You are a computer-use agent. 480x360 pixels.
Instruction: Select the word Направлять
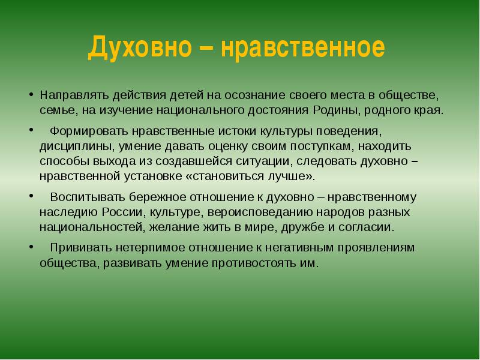point(74,95)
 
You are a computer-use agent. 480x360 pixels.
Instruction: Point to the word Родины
point(336,110)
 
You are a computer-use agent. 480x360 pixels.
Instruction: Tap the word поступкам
point(322,146)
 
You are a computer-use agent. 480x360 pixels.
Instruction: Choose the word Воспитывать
point(88,197)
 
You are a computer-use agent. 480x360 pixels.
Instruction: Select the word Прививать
point(81,248)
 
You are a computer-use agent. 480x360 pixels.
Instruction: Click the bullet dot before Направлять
point(31,94)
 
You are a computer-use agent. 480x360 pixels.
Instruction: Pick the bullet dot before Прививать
point(31,247)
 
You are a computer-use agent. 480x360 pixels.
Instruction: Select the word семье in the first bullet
point(58,111)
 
